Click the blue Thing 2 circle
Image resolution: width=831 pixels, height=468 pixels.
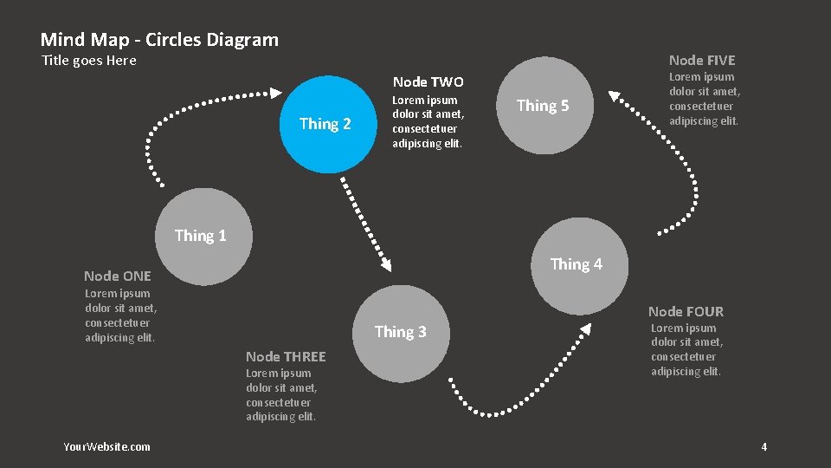point(325,123)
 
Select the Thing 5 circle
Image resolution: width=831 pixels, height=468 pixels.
point(543,106)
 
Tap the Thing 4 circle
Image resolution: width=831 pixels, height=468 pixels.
point(577,265)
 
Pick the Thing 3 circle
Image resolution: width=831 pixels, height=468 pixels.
point(400,332)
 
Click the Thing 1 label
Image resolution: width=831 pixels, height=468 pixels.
point(200,236)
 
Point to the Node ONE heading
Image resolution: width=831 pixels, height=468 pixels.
point(118,276)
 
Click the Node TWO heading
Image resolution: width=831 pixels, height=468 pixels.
point(428,82)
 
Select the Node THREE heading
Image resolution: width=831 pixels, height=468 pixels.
point(286,357)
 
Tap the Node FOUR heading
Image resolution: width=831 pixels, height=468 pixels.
point(686,312)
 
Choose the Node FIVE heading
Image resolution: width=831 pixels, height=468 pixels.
point(702,61)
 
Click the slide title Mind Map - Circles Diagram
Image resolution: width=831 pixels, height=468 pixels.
point(159,40)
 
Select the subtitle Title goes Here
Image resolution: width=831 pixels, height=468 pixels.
point(89,61)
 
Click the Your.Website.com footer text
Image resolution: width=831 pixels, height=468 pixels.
point(106,446)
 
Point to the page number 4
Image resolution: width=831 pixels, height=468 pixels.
point(763,446)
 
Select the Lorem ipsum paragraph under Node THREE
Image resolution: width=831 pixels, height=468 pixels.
point(281,395)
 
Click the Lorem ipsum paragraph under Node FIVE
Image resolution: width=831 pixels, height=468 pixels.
point(705,99)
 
